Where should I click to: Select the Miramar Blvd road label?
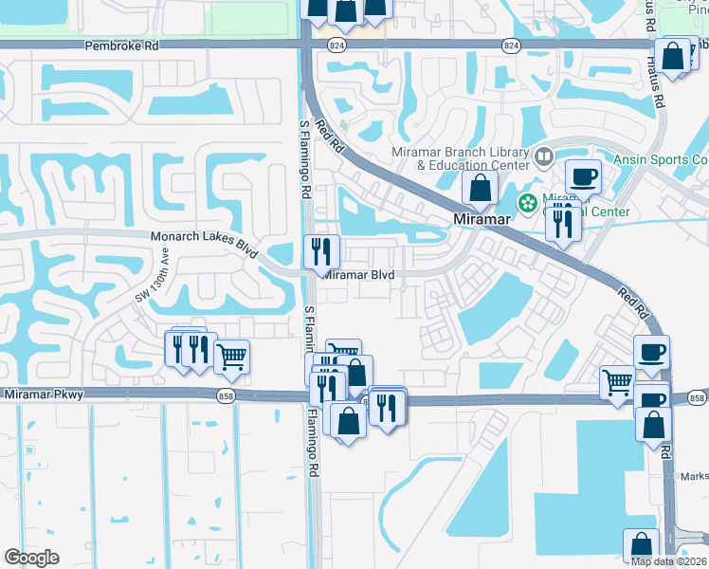click(359, 275)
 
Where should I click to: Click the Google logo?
click(31, 557)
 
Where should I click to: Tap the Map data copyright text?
click(667, 561)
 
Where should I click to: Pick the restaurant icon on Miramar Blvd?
click(321, 252)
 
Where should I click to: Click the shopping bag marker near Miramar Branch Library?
click(480, 187)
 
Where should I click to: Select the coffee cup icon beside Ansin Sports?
click(583, 175)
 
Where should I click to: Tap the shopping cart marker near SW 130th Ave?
click(231, 358)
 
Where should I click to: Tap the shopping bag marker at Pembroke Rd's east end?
click(673, 57)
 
